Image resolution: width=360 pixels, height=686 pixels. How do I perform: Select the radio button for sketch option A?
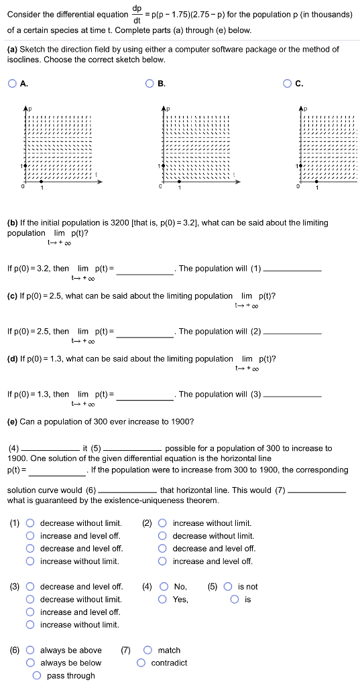pyautogui.click(x=12, y=84)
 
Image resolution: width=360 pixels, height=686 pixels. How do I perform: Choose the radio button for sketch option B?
pyautogui.click(x=149, y=84)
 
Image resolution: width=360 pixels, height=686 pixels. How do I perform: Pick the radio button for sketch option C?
pyautogui.click(x=287, y=84)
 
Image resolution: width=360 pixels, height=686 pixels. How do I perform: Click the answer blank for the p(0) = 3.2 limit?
pyautogui.click(x=145, y=269)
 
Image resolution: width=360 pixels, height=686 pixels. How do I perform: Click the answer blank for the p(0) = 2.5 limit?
pyautogui.click(x=145, y=332)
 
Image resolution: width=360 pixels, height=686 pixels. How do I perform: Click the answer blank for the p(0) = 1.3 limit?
pyautogui.click(x=145, y=395)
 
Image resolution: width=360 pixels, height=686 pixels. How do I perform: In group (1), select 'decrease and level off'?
pyautogui.click(x=30, y=549)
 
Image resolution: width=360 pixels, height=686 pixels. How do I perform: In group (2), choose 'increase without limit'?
pyautogui.click(x=163, y=523)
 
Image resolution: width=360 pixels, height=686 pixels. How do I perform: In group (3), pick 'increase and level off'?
pyautogui.click(x=30, y=612)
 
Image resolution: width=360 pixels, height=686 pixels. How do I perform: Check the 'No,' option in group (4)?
pyautogui.click(x=164, y=587)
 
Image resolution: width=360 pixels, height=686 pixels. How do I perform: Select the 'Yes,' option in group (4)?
pyautogui.click(x=164, y=600)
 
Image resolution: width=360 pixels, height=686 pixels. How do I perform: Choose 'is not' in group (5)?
pyautogui.click(x=229, y=587)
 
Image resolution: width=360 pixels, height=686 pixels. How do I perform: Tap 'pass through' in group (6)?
pyautogui.click(x=37, y=676)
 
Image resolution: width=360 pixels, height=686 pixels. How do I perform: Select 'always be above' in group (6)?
pyautogui.click(x=30, y=650)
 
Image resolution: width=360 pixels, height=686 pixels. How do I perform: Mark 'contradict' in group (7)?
pyautogui.click(x=141, y=663)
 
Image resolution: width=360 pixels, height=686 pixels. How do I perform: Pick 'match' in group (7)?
pyautogui.click(x=147, y=650)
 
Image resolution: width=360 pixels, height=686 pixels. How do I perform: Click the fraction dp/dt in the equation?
pyautogui.click(x=137, y=14)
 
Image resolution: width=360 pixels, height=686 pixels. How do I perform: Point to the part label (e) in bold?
pyautogui.click(x=12, y=421)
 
